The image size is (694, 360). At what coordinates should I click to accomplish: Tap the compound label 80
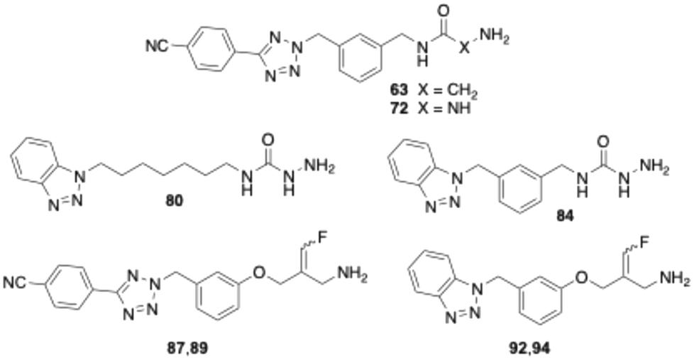175,201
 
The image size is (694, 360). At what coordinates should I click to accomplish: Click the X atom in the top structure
466,50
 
